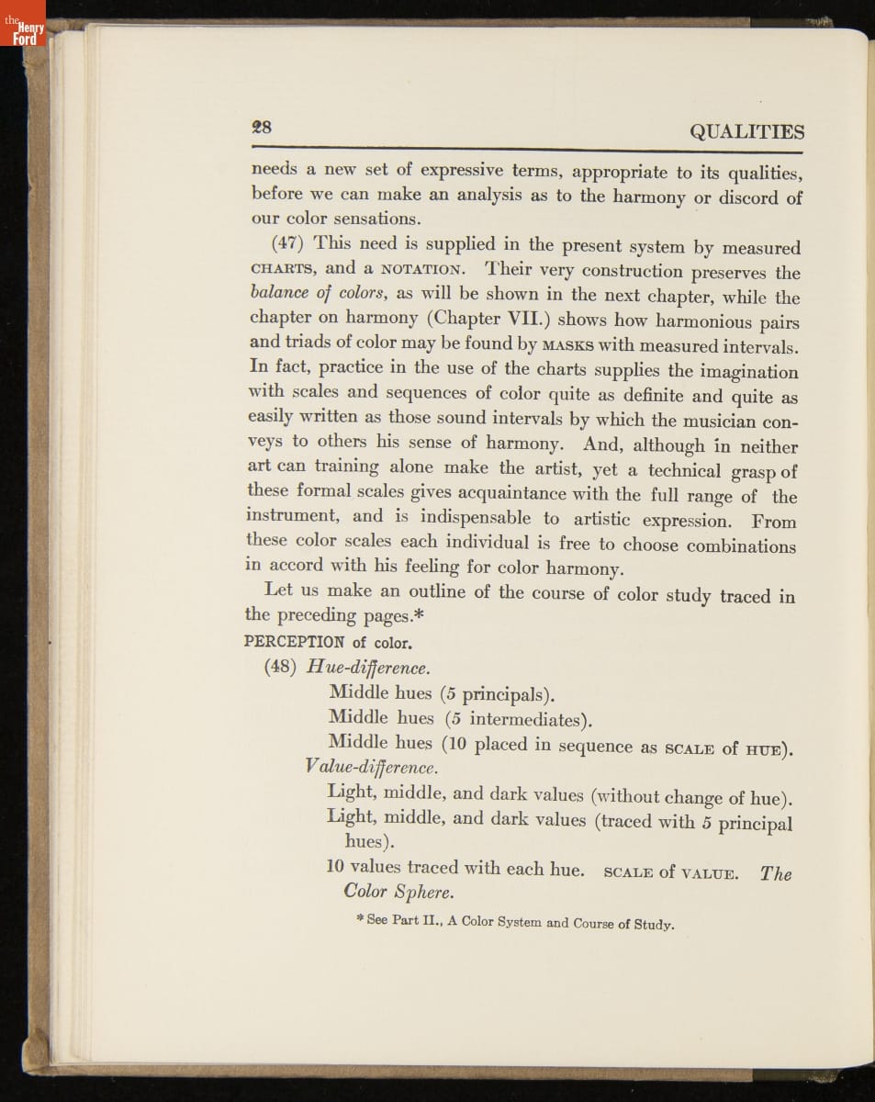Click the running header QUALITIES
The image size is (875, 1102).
coord(746,132)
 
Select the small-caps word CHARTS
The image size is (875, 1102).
coord(284,269)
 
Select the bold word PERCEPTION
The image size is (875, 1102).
coord(295,641)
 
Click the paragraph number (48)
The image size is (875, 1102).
coord(281,667)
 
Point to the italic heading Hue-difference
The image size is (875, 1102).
coord(368,668)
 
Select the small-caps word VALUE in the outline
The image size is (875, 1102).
coord(708,873)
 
